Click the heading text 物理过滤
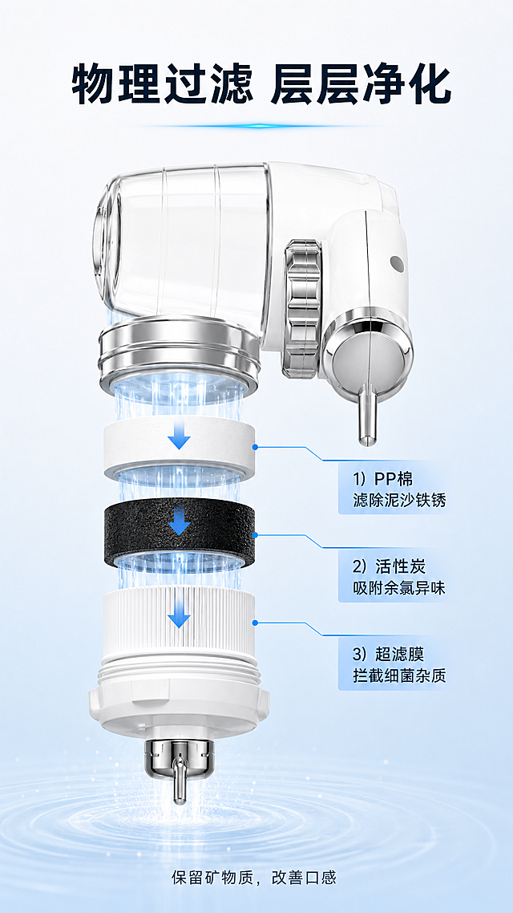[x=162, y=85]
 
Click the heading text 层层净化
[x=361, y=85]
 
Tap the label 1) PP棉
[x=383, y=479]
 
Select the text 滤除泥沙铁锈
[x=400, y=500]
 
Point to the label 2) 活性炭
[x=389, y=566]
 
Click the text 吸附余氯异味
[x=400, y=588]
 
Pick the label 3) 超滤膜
[x=389, y=655]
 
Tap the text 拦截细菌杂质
[x=400, y=676]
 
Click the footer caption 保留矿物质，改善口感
[x=253, y=878]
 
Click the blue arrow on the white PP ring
[x=179, y=433]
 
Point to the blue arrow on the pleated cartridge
[x=179, y=611]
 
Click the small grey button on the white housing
[x=398, y=264]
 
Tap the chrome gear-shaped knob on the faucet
[x=302, y=308]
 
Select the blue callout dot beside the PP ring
[x=255, y=447]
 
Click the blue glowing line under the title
[x=256, y=126]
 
